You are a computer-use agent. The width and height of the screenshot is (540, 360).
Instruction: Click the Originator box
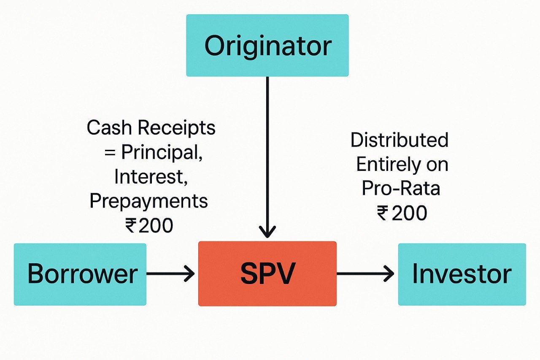[x=267, y=45]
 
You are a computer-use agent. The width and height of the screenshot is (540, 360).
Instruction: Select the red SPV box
[x=267, y=273]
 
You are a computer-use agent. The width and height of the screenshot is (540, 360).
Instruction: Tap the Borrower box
[x=80, y=274]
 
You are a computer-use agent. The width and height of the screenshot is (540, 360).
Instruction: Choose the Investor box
[x=462, y=274]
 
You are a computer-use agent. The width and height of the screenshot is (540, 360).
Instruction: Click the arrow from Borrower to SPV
[x=170, y=273]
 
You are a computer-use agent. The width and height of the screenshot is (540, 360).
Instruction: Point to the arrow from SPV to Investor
[x=365, y=273]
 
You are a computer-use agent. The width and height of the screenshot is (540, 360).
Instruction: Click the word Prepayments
[x=149, y=201]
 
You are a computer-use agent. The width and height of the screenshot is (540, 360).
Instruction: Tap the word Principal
[x=162, y=152]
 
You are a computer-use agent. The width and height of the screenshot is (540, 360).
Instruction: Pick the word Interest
[x=151, y=176]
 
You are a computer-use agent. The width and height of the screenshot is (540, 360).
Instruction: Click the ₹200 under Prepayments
[x=149, y=225]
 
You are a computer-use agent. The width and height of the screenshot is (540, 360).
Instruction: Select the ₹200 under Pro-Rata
[x=402, y=213]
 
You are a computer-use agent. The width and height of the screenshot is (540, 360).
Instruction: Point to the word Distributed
[x=400, y=140]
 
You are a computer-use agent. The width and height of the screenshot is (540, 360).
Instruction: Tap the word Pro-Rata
[x=401, y=188]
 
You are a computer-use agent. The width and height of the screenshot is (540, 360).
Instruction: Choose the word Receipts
[x=176, y=128]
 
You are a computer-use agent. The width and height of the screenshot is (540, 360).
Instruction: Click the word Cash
[x=109, y=127]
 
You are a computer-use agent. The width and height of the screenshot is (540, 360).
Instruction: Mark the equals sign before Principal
[x=110, y=153]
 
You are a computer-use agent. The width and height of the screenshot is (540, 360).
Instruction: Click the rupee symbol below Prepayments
[x=131, y=225]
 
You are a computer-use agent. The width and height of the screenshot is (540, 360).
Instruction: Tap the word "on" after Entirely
[x=437, y=165]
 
